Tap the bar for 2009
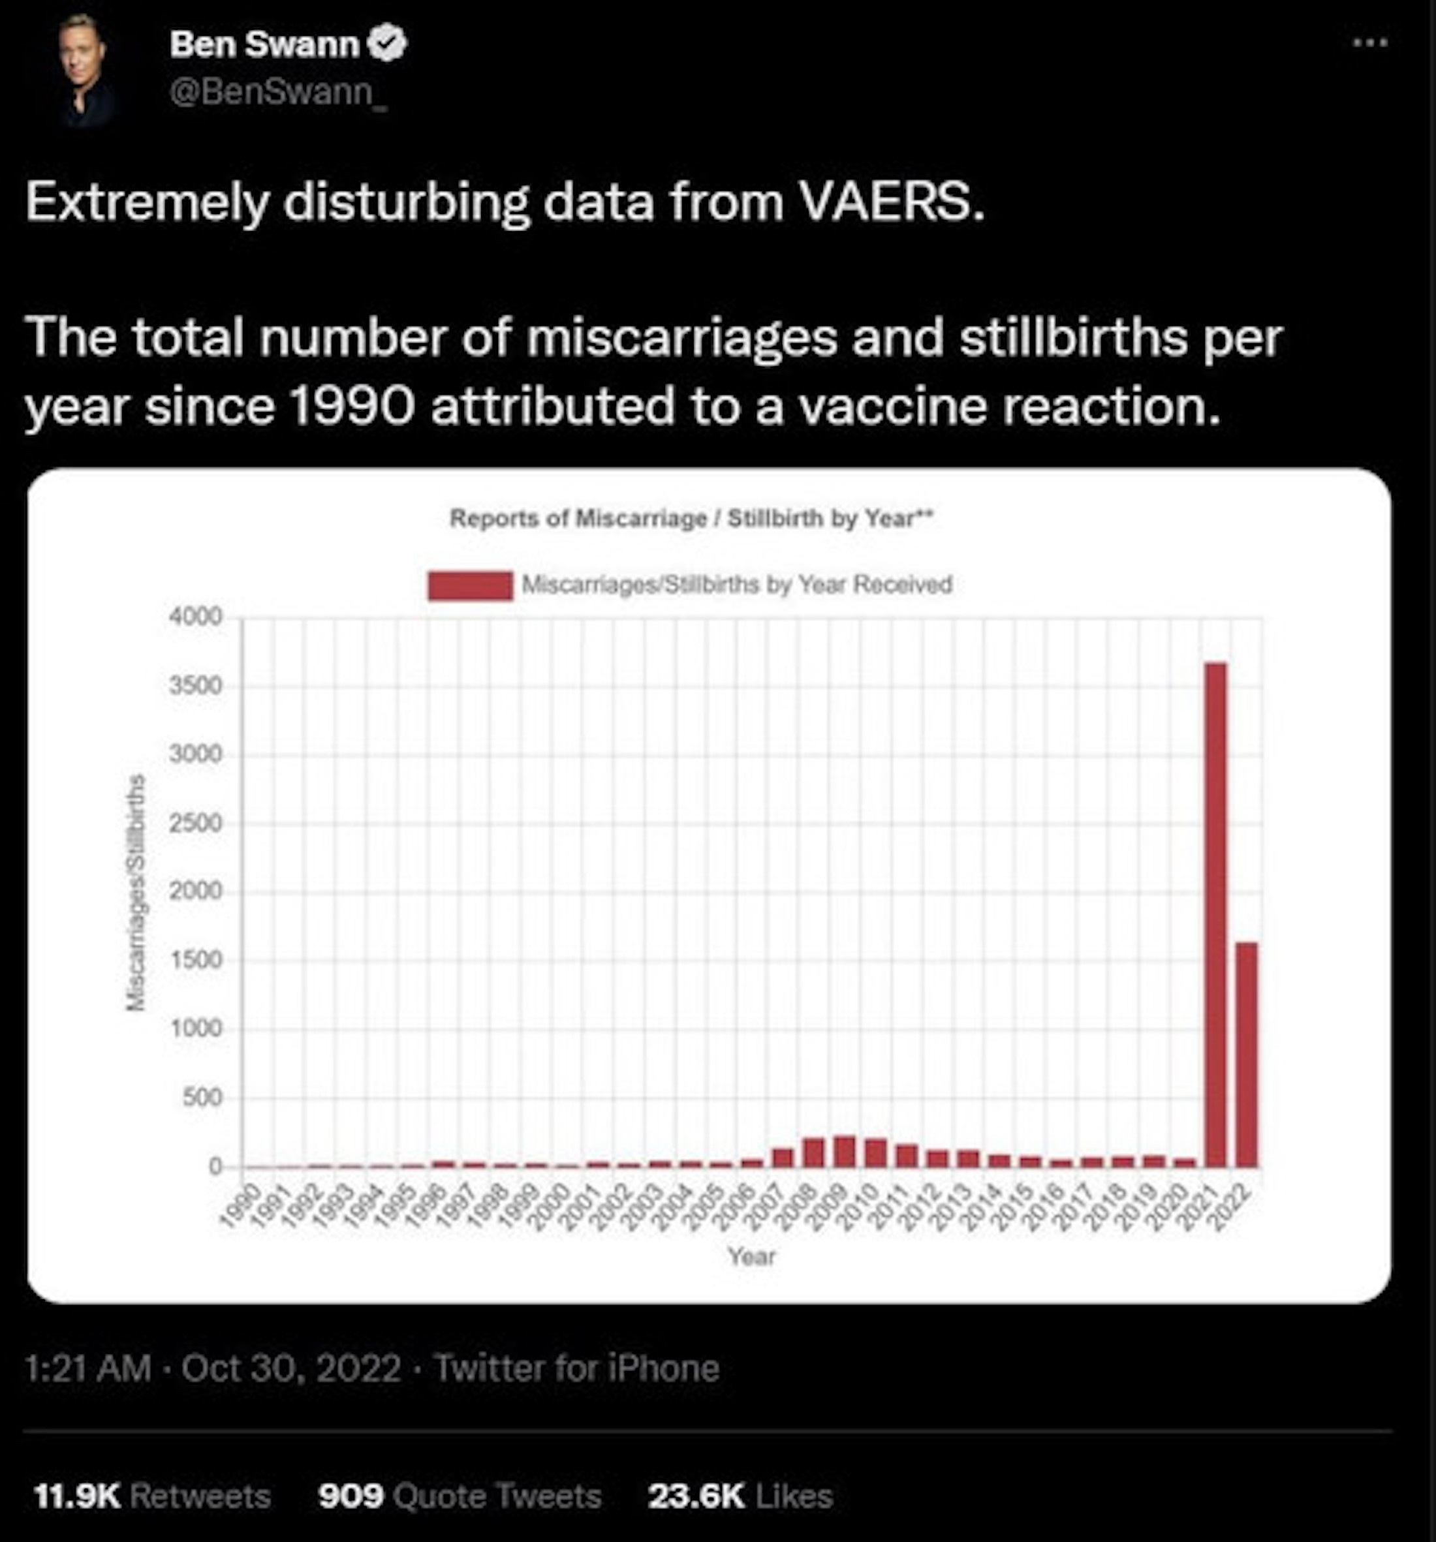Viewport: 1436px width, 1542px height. click(x=844, y=1151)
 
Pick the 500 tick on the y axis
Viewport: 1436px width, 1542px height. click(x=204, y=1098)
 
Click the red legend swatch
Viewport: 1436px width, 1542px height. click(x=470, y=585)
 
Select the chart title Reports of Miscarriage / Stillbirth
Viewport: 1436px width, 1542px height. click(x=690, y=517)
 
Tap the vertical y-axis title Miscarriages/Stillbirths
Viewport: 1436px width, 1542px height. click(x=136, y=892)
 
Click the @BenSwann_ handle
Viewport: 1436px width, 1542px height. click(x=277, y=94)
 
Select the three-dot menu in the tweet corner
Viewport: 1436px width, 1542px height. click(x=1370, y=44)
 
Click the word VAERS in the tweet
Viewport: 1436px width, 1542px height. click(x=892, y=202)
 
